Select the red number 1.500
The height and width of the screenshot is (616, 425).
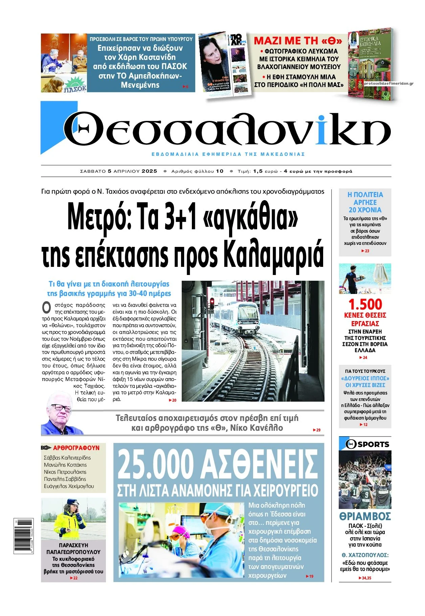click(365, 304)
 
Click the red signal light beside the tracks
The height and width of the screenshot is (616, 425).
click(212, 301)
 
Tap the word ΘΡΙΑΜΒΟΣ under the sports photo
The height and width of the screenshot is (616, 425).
click(365, 517)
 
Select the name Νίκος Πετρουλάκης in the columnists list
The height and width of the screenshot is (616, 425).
click(65, 472)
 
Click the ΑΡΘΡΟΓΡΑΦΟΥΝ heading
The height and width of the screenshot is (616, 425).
click(76, 448)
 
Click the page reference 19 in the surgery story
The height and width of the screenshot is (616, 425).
click(311, 576)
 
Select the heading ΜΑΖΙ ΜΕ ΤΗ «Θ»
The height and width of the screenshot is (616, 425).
click(298, 41)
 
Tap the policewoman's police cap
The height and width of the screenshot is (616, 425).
click(72, 502)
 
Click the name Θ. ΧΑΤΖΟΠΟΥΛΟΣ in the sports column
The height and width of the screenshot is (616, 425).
click(365, 555)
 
